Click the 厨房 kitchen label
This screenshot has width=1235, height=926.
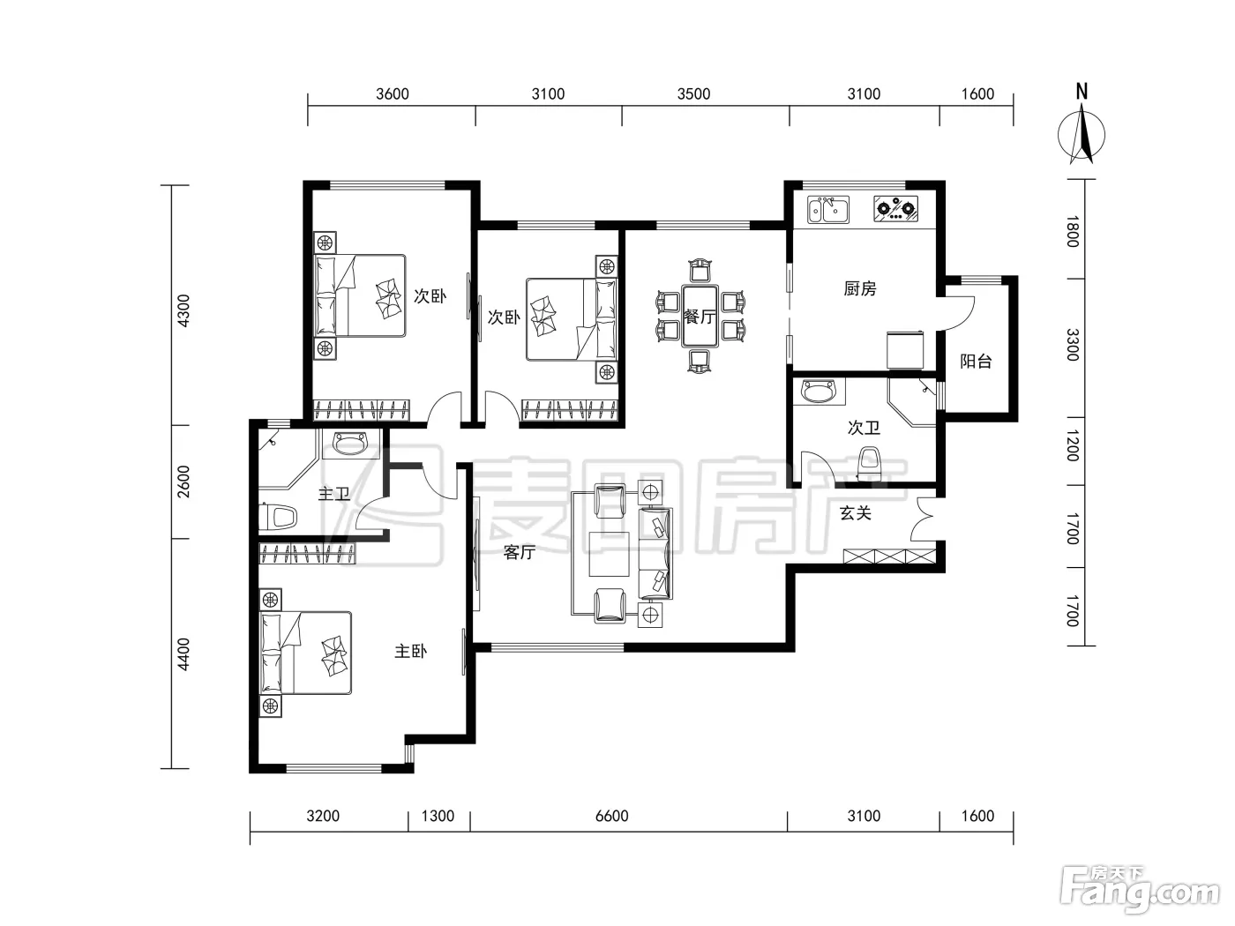point(860,288)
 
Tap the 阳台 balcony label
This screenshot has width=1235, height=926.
point(976,361)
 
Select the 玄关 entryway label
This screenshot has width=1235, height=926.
point(855,512)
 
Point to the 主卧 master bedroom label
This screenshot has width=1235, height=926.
point(410,651)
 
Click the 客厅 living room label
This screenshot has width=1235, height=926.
point(519,553)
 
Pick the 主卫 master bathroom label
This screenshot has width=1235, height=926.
point(333,494)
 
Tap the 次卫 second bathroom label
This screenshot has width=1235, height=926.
point(864,428)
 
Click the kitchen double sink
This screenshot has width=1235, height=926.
point(828,210)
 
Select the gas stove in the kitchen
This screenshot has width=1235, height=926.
point(895,209)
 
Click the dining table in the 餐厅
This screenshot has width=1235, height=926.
point(700,317)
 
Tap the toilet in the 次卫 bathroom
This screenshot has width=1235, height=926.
point(869,463)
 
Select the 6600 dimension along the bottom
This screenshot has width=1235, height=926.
point(611,816)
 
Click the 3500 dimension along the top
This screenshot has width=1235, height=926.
point(693,93)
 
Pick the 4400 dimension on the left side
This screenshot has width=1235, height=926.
point(183,654)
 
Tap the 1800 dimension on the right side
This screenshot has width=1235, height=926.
point(1073,231)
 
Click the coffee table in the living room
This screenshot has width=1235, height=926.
point(609,555)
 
